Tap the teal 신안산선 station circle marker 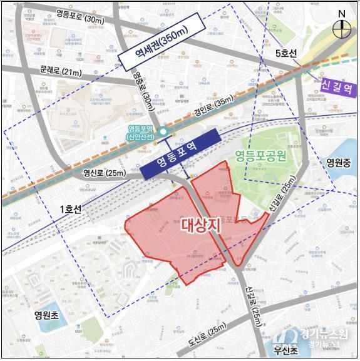pyautogui.click(x=162, y=131)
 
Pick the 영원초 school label pyautogui.click(x=47, y=315)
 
